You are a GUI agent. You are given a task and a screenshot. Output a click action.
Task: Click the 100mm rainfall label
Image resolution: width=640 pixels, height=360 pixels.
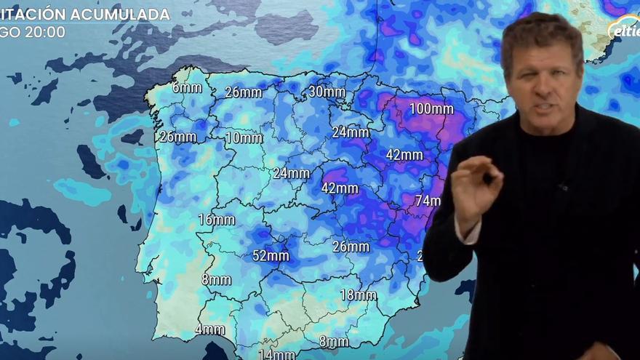(431, 109)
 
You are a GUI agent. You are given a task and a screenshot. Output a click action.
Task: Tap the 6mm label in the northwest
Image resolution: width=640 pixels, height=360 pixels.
(187, 88)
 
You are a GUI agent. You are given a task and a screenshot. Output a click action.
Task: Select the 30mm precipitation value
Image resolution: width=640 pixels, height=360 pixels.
(327, 92)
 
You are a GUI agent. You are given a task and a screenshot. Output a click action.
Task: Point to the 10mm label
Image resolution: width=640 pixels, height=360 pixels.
(244, 137)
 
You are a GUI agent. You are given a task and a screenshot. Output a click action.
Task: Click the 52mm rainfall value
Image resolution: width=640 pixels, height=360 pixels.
(271, 255)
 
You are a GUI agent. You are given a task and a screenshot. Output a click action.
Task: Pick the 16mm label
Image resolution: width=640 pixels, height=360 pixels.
(216, 220)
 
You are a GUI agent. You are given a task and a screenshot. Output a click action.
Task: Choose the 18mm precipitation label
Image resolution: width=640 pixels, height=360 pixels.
(359, 295)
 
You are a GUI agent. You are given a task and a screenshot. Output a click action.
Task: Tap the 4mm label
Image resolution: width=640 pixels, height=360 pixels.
(209, 329)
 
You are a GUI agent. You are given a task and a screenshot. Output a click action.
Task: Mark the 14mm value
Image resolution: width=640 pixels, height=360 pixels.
(276, 354)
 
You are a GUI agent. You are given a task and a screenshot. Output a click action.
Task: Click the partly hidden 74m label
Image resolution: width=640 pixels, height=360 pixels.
(428, 201)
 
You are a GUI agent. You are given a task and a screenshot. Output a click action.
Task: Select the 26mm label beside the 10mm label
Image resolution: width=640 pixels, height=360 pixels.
(177, 137)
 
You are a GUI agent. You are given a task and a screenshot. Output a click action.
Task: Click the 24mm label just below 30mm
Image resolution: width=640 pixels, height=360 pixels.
(351, 132)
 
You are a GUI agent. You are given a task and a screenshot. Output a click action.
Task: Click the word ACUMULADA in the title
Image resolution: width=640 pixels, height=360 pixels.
(123, 15)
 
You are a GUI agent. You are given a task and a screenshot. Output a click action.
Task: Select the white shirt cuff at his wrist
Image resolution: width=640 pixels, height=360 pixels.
(469, 233)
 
